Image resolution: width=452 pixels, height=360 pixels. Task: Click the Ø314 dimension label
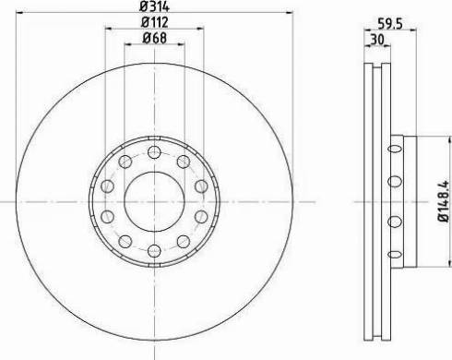(x=154, y=7)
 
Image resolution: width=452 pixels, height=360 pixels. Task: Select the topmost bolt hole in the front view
(x=153, y=152)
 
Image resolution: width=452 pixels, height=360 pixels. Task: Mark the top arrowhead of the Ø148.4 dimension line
(x=431, y=138)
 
